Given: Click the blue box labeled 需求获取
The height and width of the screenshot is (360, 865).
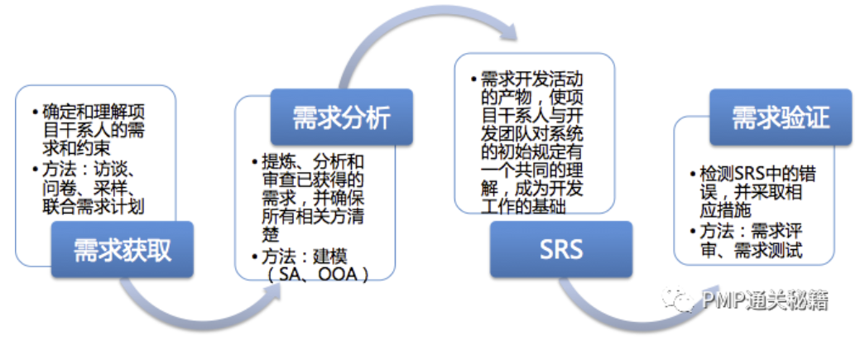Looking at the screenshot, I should [123, 249].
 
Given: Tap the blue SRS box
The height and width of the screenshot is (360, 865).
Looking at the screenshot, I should [560, 249].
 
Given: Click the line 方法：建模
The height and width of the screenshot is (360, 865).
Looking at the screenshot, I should [307, 256].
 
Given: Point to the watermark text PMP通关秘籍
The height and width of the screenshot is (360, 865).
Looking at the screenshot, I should [762, 300].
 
